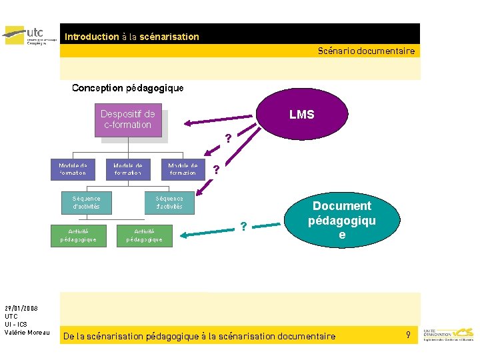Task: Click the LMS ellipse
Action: tap(301, 115)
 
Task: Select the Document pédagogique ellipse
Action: tap(342, 220)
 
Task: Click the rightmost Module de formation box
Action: tap(183, 169)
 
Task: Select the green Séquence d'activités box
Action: tap(87, 202)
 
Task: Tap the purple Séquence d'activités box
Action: tap(169, 202)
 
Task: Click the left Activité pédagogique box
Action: tap(78, 235)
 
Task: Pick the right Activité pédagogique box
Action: tap(144, 235)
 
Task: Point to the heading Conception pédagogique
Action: tap(127, 88)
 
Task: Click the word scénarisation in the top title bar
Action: tap(169, 37)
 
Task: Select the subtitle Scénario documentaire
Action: tap(366, 51)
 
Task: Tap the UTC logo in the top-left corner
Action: tap(30, 34)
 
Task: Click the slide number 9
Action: tap(408, 334)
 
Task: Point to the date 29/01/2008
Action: tap(21, 308)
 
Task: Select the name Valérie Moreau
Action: tap(27, 332)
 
